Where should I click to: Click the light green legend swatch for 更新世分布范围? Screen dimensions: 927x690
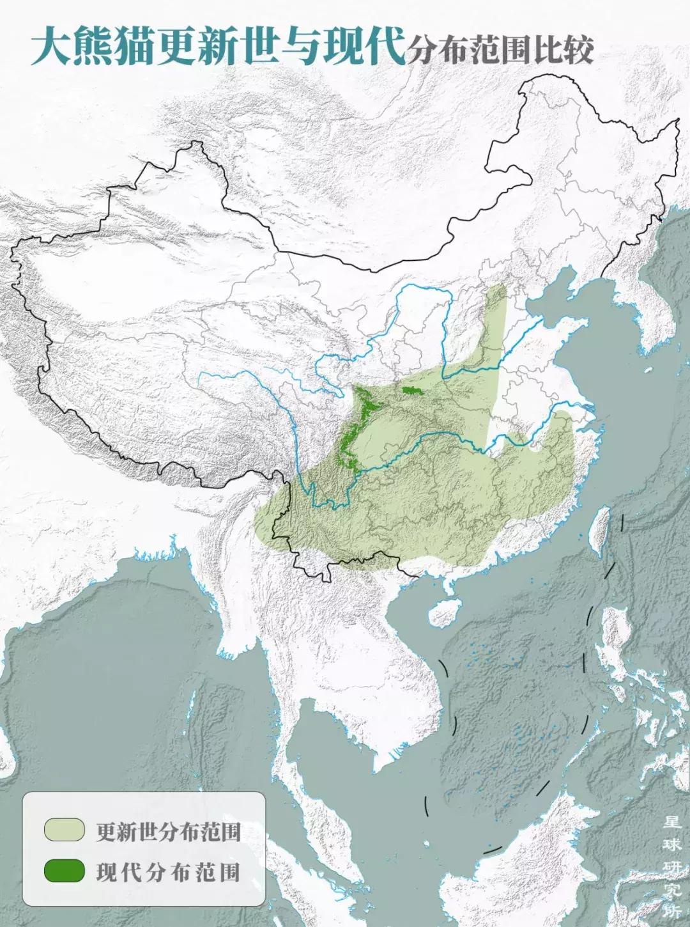64,829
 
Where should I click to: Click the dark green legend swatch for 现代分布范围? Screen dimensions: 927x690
64,871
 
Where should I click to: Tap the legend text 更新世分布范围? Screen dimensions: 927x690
168,831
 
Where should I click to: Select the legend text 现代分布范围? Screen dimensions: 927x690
168,872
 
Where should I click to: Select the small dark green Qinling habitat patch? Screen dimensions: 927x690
409,389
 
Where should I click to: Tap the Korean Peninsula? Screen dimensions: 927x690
645,300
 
